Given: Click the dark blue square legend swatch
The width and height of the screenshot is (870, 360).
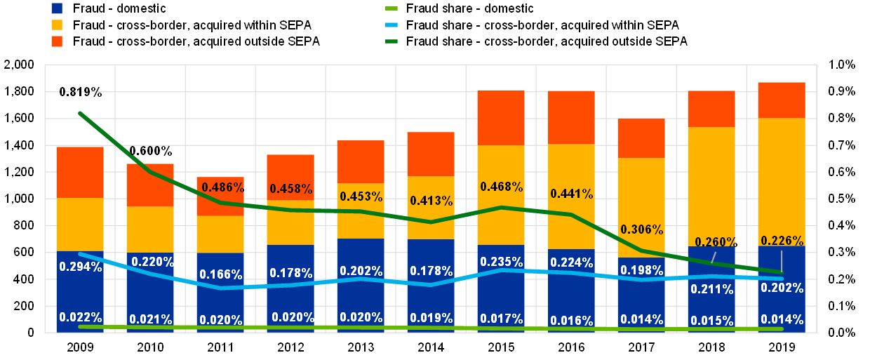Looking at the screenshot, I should point(57,8).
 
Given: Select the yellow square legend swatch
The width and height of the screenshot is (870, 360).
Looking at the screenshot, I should point(57,25).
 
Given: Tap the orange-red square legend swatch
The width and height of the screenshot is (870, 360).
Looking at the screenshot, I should point(57,41).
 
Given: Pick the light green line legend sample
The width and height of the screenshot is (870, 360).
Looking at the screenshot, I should point(391,8).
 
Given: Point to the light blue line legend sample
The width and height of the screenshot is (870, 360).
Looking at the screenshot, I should point(391,25).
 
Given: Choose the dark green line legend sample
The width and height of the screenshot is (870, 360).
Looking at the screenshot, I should point(391,41).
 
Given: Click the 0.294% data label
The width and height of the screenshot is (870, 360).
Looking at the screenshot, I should point(81,267).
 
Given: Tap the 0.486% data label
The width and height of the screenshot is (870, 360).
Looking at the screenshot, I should point(222,187).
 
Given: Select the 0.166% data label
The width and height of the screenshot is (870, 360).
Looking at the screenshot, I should point(220,274).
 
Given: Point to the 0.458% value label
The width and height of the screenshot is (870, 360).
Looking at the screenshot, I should point(291,189).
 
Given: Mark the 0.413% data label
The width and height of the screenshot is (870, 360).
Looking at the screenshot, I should point(431,201).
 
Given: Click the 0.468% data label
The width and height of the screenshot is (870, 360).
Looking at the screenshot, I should point(502,187).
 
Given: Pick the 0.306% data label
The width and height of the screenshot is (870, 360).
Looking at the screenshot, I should point(642,229).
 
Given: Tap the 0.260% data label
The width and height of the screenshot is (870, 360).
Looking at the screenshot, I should point(716,242).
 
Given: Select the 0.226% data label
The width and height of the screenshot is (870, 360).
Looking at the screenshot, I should point(782,241).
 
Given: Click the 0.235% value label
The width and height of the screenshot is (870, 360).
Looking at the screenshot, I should point(502,262).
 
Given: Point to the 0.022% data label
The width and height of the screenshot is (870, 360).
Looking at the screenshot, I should point(81,316).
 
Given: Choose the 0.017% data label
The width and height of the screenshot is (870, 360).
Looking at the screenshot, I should point(502,317).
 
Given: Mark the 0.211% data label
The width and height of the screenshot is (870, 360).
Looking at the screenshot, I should point(712,289).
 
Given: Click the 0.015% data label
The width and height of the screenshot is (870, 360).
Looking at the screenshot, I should point(712,321).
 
